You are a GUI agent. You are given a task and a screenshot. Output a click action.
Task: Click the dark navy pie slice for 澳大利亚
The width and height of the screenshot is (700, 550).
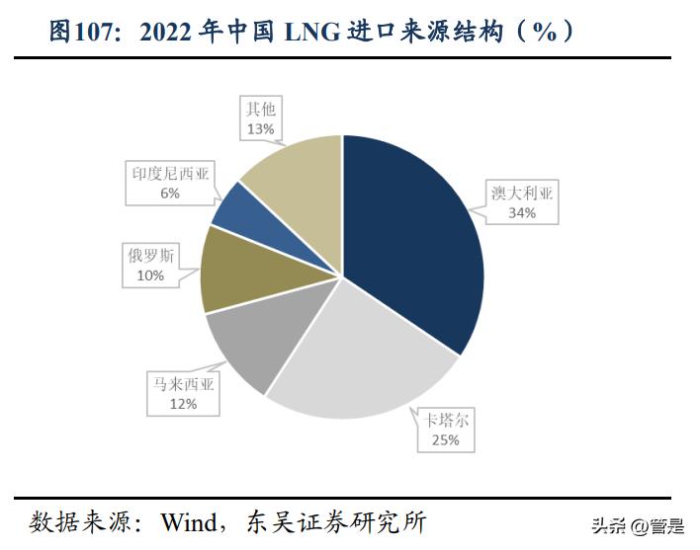(415, 237)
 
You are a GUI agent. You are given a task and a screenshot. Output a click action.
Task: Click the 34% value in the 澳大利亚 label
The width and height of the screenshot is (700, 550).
(522, 213)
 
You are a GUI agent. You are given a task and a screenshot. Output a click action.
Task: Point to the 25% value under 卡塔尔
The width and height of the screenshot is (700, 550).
(445, 439)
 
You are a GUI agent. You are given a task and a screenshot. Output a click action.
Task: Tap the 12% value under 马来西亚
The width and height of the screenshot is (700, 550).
(182, 404)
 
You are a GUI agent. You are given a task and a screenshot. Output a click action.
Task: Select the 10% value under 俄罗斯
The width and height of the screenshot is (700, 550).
(150, 276)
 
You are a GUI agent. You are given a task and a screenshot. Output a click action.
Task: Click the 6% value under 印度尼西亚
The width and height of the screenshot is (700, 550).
(170, 194)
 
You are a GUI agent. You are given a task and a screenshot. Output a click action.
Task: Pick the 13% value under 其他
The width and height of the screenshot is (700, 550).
(261, 128)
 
